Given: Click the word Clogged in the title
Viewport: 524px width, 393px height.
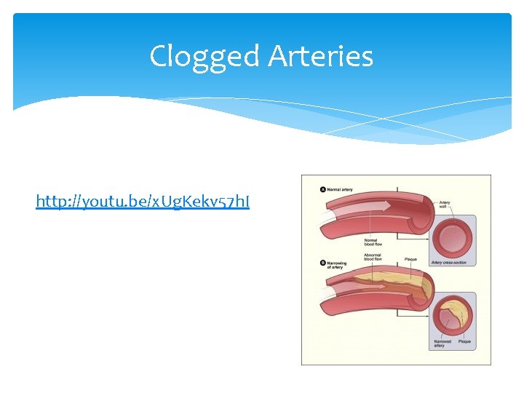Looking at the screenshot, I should (x=205, y=57).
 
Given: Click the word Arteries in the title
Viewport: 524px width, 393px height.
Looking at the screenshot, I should (x=320, y=57).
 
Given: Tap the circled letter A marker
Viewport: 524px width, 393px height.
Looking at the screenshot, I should (x=323, y=189).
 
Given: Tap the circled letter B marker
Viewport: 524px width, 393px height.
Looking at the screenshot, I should (x=323, y=262).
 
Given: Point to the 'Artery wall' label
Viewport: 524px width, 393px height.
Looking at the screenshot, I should (x=445, y=205).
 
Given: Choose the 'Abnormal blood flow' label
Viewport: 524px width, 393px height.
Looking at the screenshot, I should (x=372, y=258).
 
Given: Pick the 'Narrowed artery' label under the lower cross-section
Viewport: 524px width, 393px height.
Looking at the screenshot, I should (x=442, y=343).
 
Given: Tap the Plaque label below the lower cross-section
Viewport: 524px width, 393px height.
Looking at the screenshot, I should (x=464, y=341).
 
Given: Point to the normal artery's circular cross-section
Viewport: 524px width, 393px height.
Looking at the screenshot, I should (x=453, y=236).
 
